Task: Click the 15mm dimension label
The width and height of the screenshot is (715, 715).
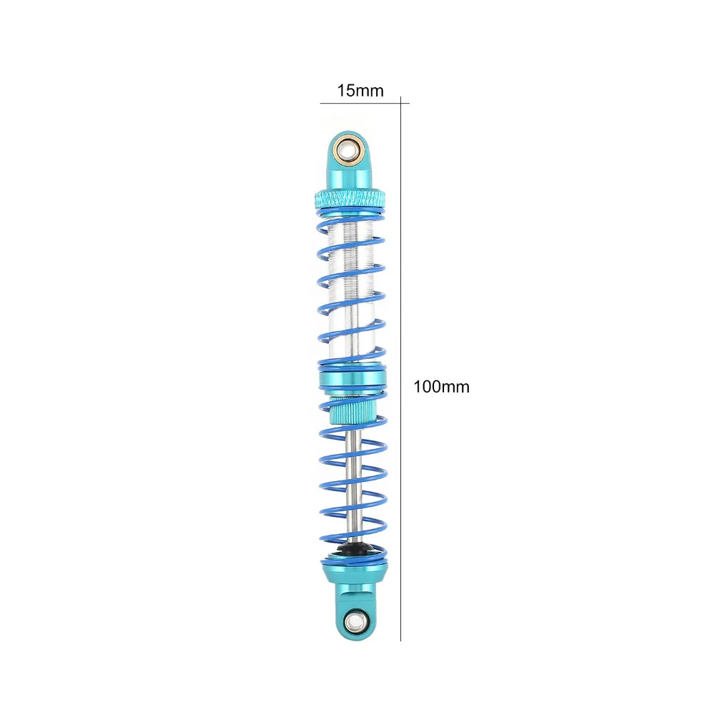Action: pyautogui.click(x=360, y=91)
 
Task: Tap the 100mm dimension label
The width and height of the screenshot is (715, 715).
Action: pyautogui.click(x=441, y=387)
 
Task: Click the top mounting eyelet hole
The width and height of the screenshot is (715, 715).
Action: pyautogui.click(x=350, y=149)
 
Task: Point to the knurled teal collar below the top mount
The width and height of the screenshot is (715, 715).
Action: pyautogui.click(x=350, y=198)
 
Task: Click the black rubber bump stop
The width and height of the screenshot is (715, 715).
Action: pyautogui.click(x=354, y=548)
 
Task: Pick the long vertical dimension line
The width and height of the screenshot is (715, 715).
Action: pyautogui.click(x=401, y=368)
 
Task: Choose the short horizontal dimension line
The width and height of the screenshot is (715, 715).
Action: pyautogui.click(x=365, y=103)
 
